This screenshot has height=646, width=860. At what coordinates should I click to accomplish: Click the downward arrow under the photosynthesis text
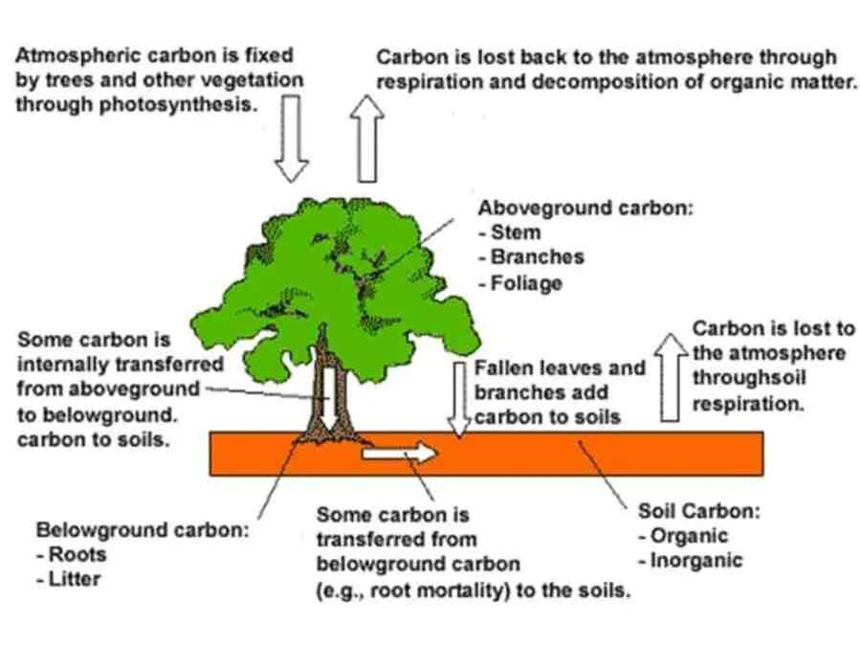(x=292, y=139)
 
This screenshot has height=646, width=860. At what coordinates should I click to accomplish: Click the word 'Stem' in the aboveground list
(x=516, y=233)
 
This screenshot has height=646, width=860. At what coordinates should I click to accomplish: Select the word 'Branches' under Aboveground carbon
(x=537, y=257)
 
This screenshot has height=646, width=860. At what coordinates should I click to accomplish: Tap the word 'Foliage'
(x=526, y=283)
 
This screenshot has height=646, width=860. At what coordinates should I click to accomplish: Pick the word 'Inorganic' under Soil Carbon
(x=696, y=561)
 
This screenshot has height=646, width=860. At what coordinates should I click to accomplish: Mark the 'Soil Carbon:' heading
(x=698, y=511)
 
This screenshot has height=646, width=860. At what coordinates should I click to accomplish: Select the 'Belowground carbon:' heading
(x=143, y=529)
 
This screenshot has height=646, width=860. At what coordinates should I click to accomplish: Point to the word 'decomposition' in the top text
(x=593, y=82)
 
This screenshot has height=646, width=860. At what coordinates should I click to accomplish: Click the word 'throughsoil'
(x=743, y=378)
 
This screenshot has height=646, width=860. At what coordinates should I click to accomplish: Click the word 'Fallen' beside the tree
(x=503, y=368)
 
